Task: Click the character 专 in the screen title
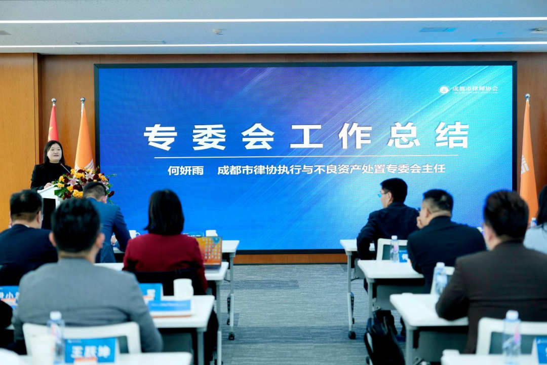(x=160, y=137)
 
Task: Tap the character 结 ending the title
(x=452, y=135)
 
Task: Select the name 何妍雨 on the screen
(x=185, y=170)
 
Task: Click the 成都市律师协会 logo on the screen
(x=468, y=89)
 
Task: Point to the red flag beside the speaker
(x=53, y=124)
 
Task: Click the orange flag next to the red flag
(x=84, y=137)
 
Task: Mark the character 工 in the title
(x=306, y=136)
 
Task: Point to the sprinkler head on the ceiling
(x=218, y=31)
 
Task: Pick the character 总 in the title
(x=404, y=135)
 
